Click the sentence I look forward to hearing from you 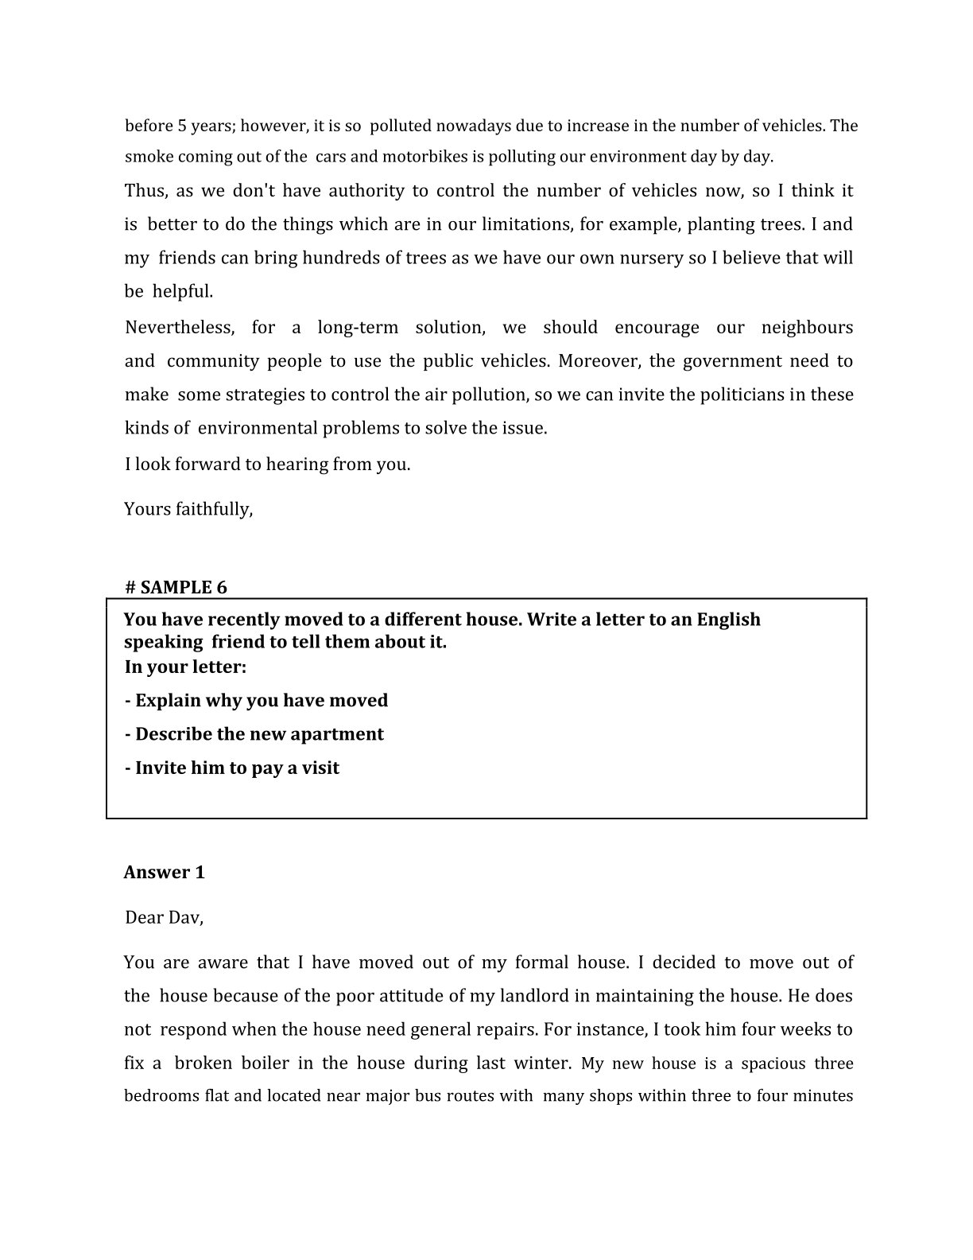point(267,465)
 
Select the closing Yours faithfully point(188,509)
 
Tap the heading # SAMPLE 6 point(176,588)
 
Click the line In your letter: point(185,667)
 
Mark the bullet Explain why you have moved point(257,701)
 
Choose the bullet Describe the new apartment point(254,734)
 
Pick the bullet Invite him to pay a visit point(232,768)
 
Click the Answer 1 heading point(165,873)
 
